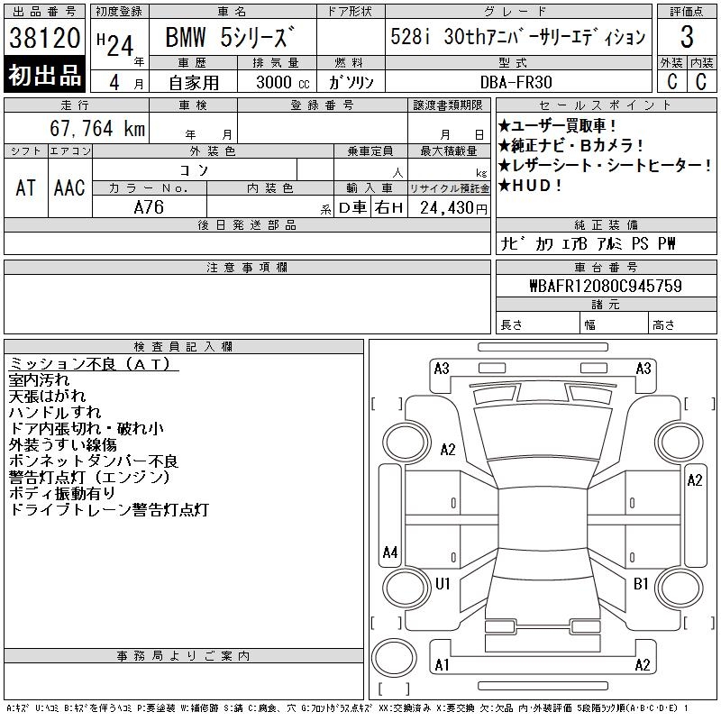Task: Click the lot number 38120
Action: coord(44,37)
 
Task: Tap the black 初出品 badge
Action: coord(44,75)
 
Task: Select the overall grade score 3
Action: coord(687,37)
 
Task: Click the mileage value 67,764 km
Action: coord(97,128)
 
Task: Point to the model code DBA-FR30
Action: coord(516,82)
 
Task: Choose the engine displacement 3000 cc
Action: coord(283,82)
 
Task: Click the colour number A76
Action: coord(149,207)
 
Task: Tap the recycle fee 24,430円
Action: coord(453,208)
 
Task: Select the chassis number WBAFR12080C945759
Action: coord(606,286)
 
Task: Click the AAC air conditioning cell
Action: coord(69,187)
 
